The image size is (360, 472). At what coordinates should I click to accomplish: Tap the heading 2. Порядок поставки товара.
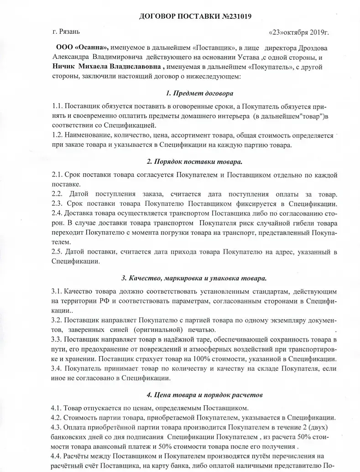(194, 161)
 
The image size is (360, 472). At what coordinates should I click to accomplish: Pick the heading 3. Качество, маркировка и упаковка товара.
(194, 278)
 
